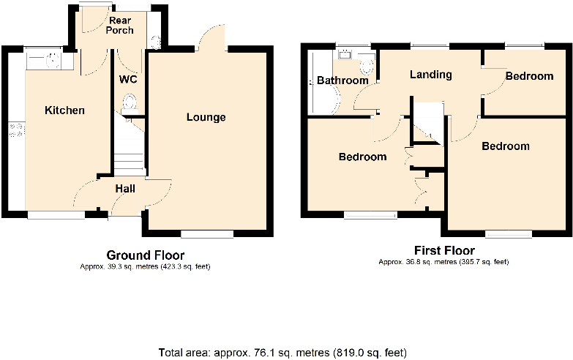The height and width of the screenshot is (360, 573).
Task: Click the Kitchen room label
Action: coord(65,110)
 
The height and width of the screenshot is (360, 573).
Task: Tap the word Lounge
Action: coord(206,117)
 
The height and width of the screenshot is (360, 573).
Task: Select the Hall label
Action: coord(125,189)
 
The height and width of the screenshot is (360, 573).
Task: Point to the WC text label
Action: coord(129,78)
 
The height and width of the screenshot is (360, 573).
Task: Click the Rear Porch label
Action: coord(119,25)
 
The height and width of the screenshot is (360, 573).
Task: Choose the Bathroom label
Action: coord(342,80)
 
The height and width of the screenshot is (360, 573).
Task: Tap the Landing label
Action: coord(430,75)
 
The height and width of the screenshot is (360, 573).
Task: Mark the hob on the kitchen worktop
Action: coord(15,131)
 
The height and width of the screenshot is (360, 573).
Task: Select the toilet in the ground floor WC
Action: coord(130,103)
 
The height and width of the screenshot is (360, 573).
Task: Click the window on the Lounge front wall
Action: coord(207,234)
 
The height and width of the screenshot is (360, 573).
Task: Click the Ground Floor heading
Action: coord(145,255)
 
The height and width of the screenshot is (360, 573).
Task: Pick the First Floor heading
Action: coord(444,251)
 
